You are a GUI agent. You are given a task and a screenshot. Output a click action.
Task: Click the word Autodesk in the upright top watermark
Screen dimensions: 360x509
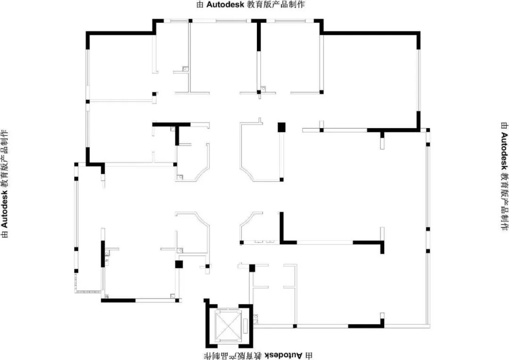tap(220, 5)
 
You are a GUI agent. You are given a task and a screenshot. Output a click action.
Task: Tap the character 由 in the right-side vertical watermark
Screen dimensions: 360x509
tap(503, 126)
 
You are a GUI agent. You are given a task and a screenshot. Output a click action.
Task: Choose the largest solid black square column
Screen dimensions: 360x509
tap(281, 127)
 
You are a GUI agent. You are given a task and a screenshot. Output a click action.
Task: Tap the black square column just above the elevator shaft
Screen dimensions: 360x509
tap(252, 268)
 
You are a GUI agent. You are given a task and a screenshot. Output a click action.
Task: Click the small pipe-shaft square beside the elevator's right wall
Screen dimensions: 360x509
tap(256, 318)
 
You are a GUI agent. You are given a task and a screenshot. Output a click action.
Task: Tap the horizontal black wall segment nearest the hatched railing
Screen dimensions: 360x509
tap(118, 300)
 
